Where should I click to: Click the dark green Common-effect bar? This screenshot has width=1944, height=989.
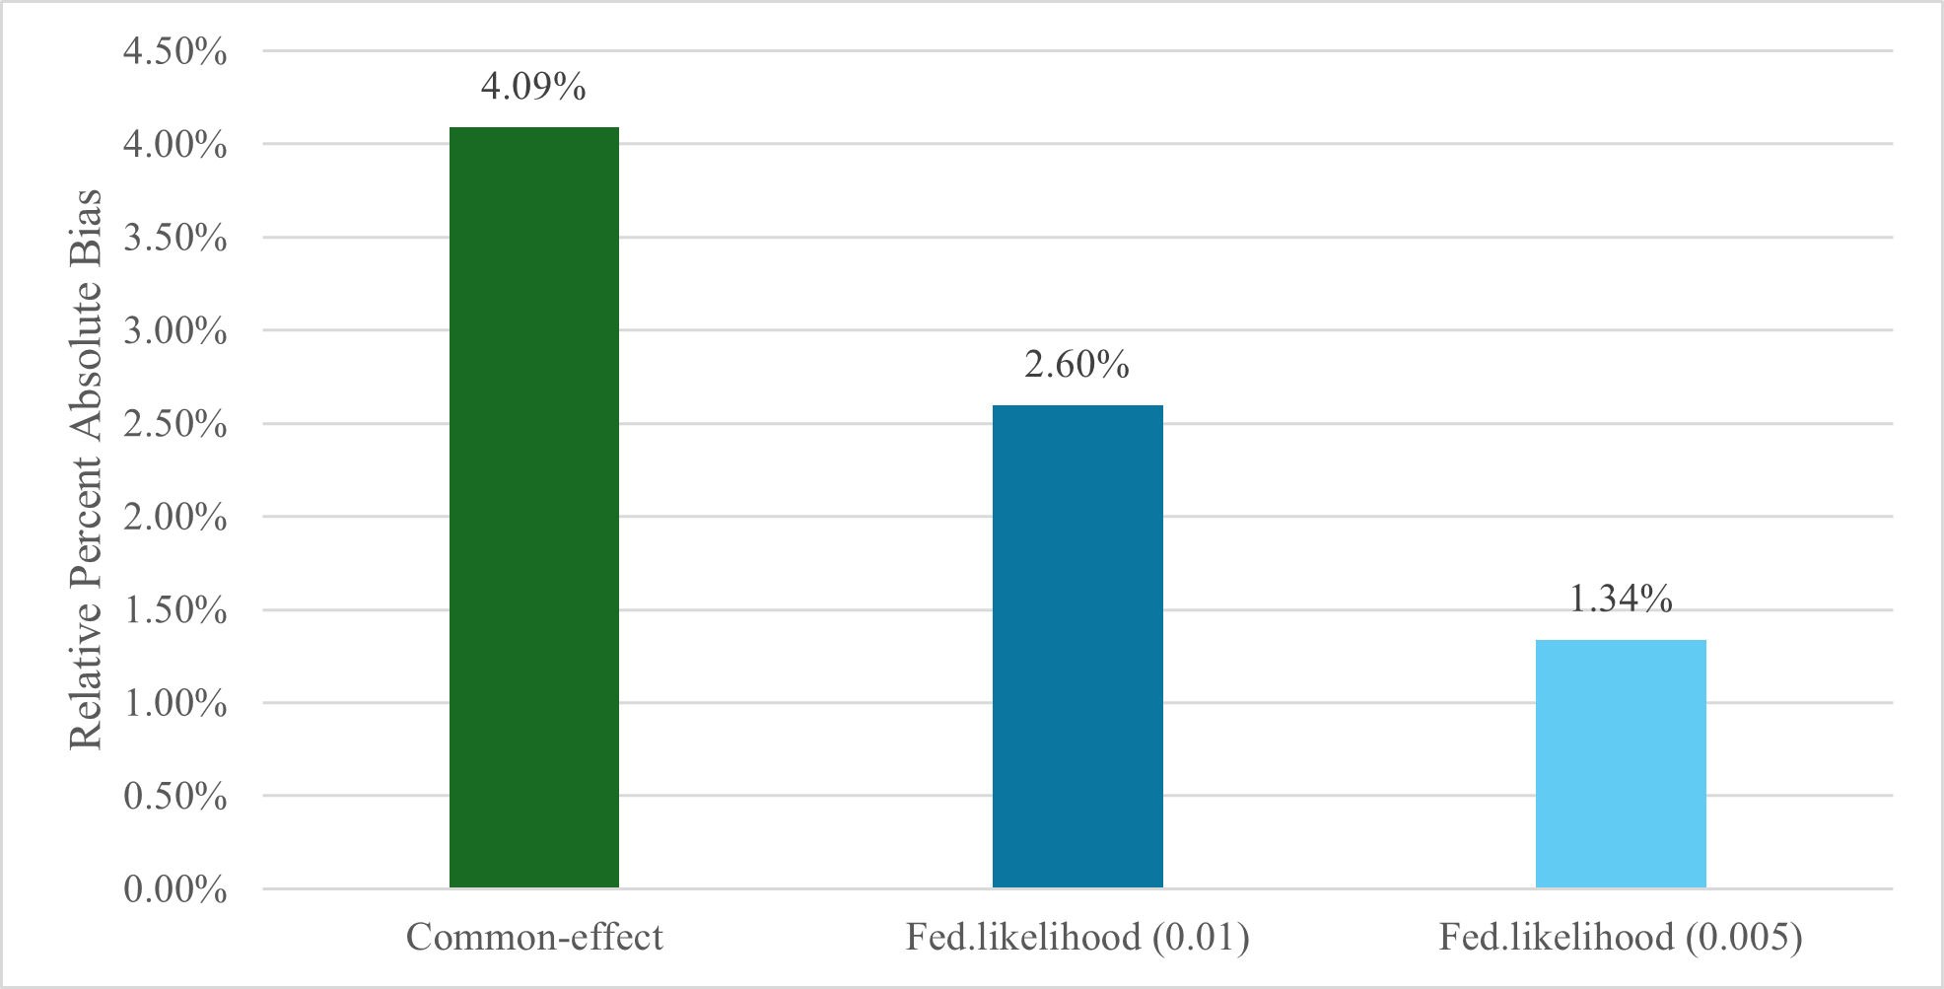[x=534, y=508]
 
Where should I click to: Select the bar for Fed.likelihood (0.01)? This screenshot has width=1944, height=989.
[x=1077, y=647]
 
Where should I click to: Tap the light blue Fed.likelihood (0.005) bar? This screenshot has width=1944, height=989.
[x=1621, y=764]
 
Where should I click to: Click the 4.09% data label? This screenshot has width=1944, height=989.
[x=533, y=87]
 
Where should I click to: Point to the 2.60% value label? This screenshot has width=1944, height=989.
[x=1076, y=365]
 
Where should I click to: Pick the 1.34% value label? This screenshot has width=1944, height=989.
[x=1621, y=599]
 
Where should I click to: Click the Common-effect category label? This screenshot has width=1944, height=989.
[x=534, y=937]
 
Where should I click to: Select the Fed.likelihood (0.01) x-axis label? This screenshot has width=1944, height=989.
[x=1077, y=937]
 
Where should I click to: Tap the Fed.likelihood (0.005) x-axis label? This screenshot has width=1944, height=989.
[x=1621, y=937]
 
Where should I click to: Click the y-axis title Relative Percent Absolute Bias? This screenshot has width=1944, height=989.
[x=87, y=469]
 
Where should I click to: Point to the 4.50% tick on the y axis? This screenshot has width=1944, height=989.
[x=175, y=51]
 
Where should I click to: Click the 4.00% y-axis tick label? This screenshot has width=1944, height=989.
[x=175, y=145]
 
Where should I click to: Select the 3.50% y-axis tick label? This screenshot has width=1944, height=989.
[x=175, y=238]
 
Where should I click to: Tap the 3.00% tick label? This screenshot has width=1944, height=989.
[x=175, y=330]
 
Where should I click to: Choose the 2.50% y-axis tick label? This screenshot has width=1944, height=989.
[x=175, y=424]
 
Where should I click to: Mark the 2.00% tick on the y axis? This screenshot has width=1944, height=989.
[x=175, y=517]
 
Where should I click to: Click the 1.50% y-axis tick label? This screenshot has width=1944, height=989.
[x=175, y=610]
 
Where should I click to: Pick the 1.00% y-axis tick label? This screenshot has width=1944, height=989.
[x=175, y=703]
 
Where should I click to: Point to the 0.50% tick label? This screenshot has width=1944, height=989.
[x=175, y=796]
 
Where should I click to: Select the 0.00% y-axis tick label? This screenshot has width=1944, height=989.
[x=175, y=889]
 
